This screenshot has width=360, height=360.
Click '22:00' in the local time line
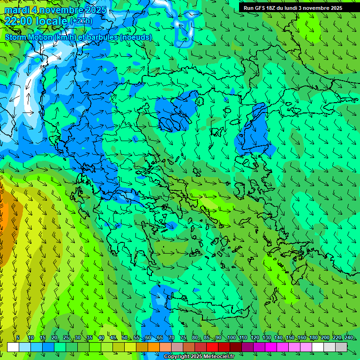tap(18, 21)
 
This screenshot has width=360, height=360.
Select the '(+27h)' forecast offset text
tap(81, 22)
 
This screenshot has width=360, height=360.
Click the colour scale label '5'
tap(18, 338)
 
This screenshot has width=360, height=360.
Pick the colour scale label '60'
tap(148, 338)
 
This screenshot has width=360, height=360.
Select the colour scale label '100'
tap(232, 338)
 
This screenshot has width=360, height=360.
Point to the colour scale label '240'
tap(349, 338)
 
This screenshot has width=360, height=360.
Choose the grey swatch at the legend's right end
tap(341, 347)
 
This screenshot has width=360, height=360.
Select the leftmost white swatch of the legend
tap(13, 347)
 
